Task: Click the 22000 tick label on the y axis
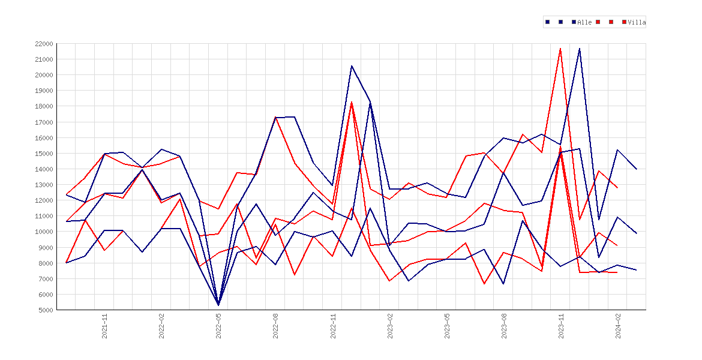pos(43,44)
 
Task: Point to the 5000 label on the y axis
pos(45,310)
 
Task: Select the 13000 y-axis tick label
pos(43,185)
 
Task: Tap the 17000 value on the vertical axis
pos(43,122)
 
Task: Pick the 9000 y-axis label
pos(45,248)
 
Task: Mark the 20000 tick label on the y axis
pos(43,75)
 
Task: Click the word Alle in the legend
pos(585,22)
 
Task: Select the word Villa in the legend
pos(637,22)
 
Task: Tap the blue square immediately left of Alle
pos(574,22)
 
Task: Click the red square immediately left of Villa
pos(624,22)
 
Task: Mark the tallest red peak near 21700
pos(560,49)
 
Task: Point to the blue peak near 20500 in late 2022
pos(352,66)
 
